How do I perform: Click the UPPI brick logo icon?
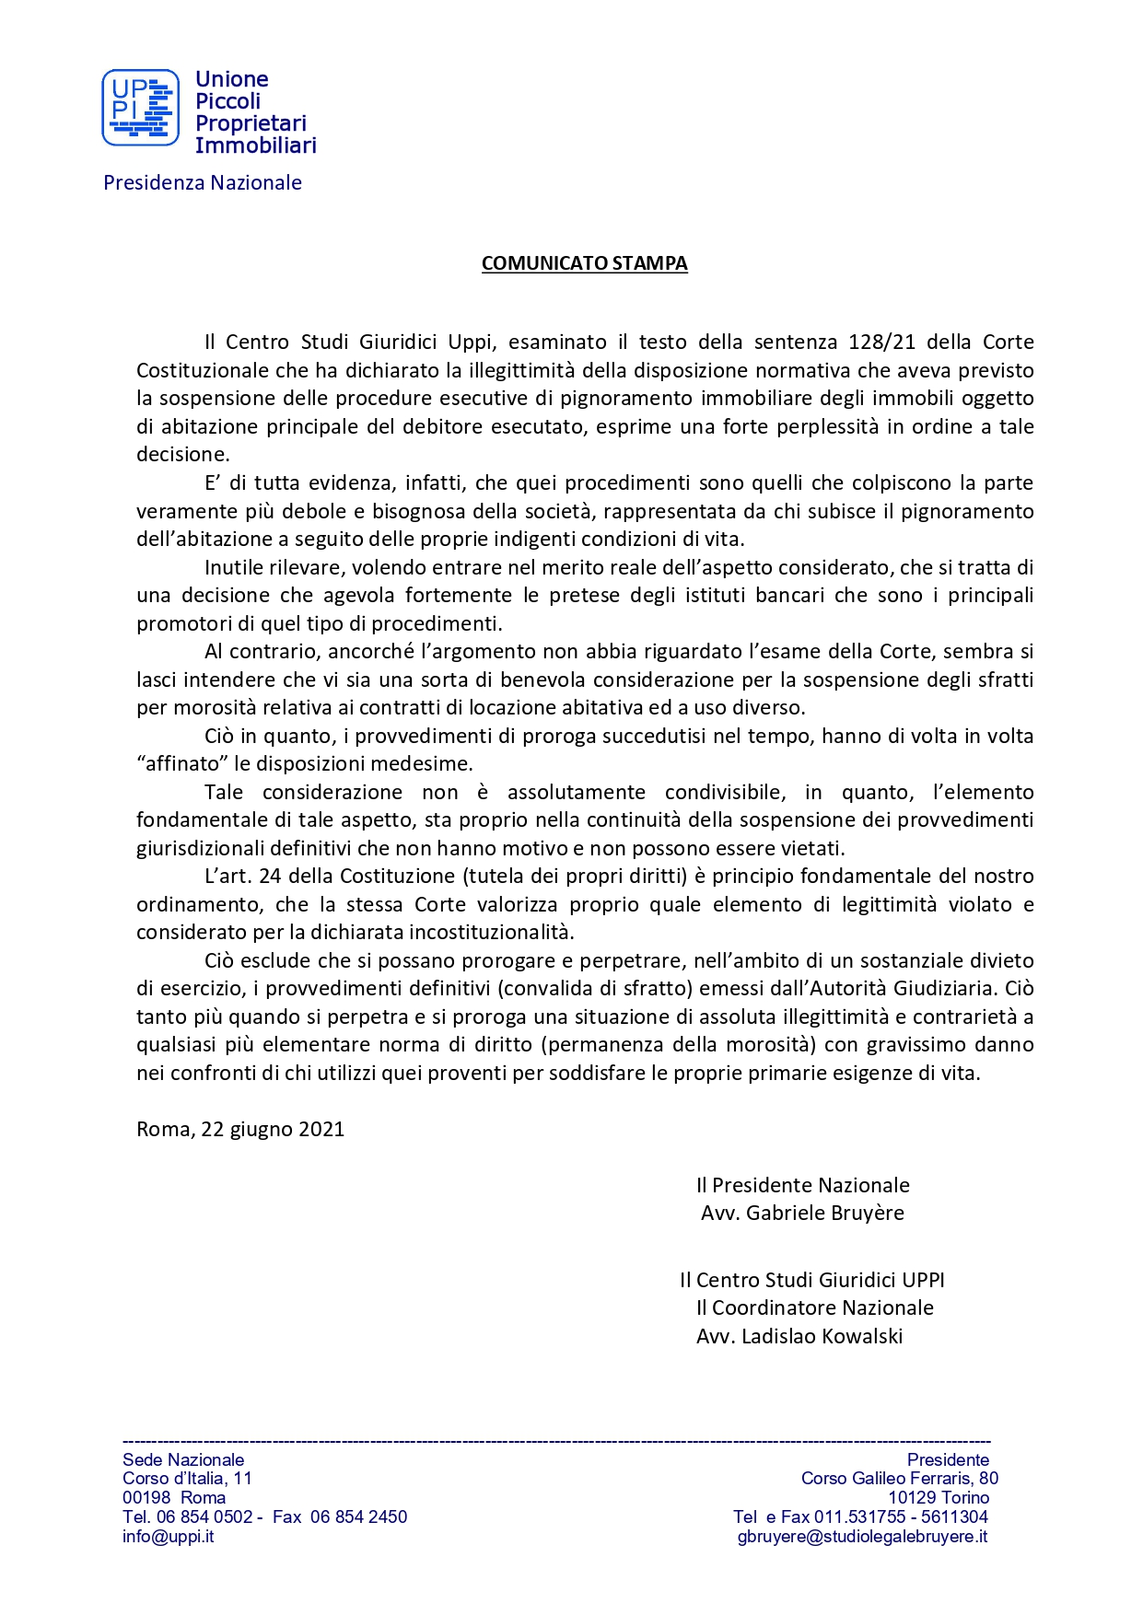click(x=140, y=108)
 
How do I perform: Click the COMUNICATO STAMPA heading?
click(x=584, y=263)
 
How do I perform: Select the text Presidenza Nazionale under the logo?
click(x=203, y=182)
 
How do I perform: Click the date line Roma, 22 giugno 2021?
click(x=240, y=1129)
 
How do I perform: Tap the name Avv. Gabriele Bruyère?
click(x=802, y=1213)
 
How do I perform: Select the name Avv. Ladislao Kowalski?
click(x=799, y=1336)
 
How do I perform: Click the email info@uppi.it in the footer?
click(x=169, y=1536)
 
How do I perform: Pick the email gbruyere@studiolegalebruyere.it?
click(x=862, y=1536)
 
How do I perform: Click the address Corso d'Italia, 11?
click(x=187, y=1478)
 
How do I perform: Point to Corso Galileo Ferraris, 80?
click(x=899, y=1478)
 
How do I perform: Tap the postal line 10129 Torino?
click(x=938, y=1497)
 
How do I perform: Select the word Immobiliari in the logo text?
click(x=255, y=145)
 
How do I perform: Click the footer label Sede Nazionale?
click(x=183, y=1459)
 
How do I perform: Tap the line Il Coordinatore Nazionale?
click(x=814, y=1307)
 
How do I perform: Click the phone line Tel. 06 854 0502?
click(x=188, y=1516)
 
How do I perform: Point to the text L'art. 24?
click(x=242, y=876)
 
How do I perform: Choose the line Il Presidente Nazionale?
click(x=802, y=1185)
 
